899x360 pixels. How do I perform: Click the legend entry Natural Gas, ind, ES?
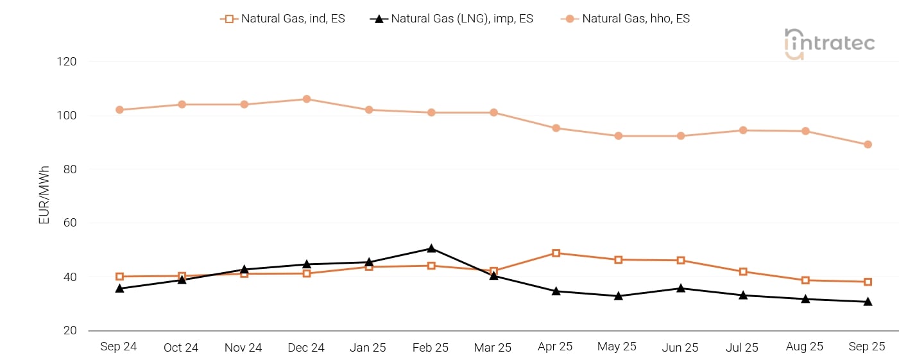coord(282,19)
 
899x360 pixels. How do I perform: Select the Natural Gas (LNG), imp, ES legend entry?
coord(452,19)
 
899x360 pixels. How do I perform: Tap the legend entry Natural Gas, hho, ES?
coord(625,19)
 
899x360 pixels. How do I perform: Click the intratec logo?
coord(829,44)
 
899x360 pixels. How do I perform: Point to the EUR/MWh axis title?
coord(44,195)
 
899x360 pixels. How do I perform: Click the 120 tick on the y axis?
coord(66,62)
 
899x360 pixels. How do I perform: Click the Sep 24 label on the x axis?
coord(119,347)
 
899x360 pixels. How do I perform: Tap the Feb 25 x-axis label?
coord(431,347)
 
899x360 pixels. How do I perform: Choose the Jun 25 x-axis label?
coord(680,347)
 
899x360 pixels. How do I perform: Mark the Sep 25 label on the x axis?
coord(867,347)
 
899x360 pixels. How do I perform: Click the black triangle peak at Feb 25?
coord(431,248)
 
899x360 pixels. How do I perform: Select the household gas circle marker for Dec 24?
coord(307,99)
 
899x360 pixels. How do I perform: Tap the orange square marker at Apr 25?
coord(556,253)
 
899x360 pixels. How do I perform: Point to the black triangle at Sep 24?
coord(119,288)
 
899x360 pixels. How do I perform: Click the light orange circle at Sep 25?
coord(868,144)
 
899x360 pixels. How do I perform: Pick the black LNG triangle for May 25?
coord(618,296)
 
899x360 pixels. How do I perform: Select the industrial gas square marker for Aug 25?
coord(805,280)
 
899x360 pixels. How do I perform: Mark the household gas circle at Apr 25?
coord(556,128)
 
